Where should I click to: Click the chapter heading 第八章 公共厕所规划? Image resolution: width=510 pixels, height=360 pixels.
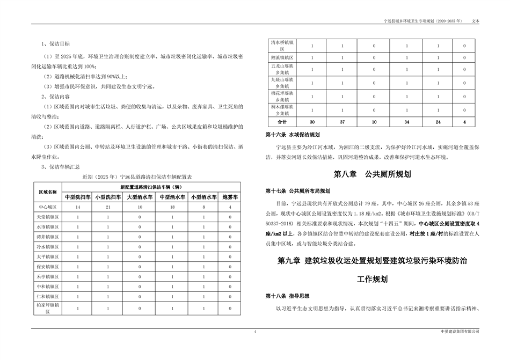click(x=372, y=174)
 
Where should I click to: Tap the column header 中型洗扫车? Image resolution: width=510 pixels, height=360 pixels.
click(x=78, y=197)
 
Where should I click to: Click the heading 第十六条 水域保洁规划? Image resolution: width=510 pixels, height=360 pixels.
click(x=293, y=135)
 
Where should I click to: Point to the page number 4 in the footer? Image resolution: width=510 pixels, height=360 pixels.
click(x=255, y=333)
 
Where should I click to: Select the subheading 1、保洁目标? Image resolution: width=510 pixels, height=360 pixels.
click(x=55, y=43)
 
